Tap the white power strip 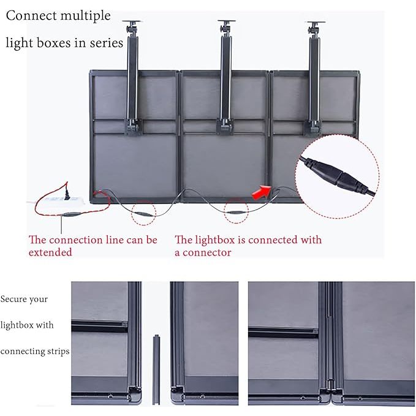tap(59, 200)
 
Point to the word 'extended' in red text tap(50, 252)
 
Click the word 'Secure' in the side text tap(15, 300)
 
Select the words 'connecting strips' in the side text tap(35, 351)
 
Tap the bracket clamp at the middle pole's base tap(225, 125)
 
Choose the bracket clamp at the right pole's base tap(314, 125)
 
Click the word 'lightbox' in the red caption tap(218, 240)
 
